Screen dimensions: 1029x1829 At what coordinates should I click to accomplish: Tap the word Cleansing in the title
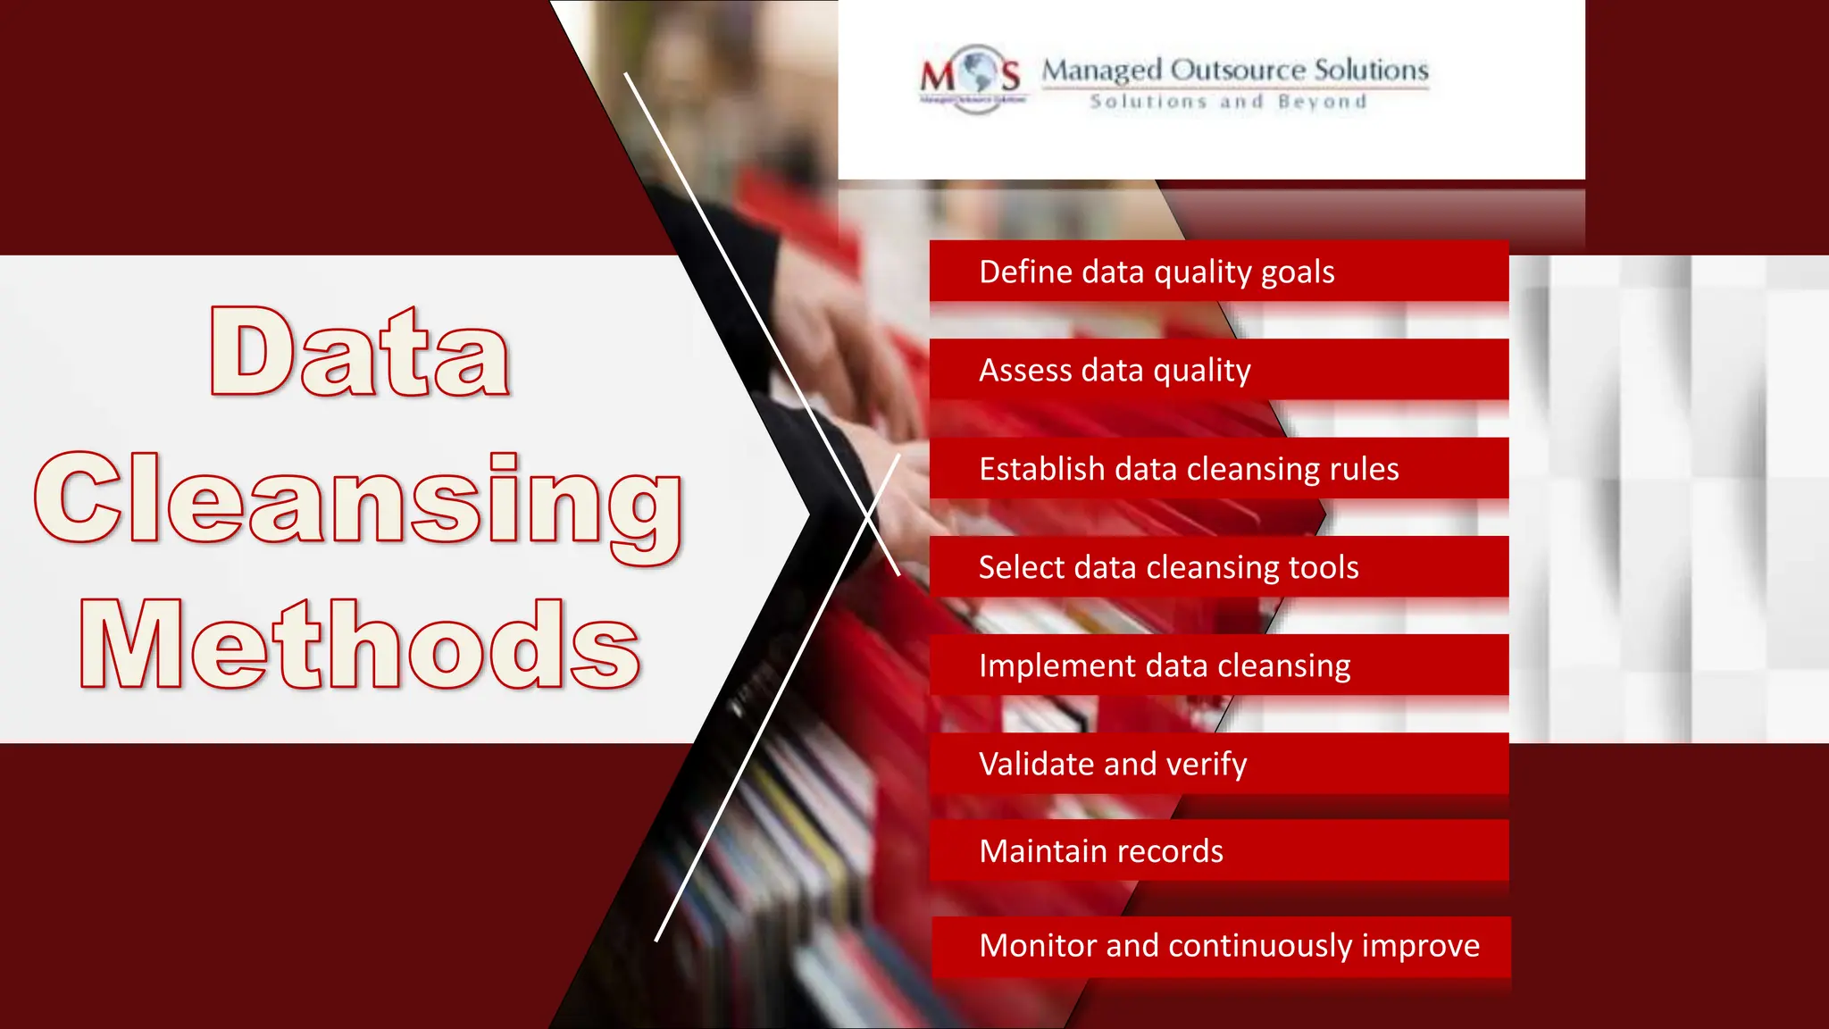click(x=358, y=500)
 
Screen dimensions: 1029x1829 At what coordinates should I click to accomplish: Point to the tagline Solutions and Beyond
click(x=1228, y=102)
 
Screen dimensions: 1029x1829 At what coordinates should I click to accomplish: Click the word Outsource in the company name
click(x=1238, y=70)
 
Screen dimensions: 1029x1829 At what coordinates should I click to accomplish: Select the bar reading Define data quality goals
click(x=1218, y=272)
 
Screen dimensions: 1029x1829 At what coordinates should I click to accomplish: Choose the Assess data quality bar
click(x=1218, y=370)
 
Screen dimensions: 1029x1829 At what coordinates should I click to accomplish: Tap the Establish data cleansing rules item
click(x=1218, y=469)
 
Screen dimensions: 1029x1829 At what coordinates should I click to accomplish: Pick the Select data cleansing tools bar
click(x=1218, y=567)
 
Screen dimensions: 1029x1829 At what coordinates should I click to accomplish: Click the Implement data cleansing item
click(x=1218, y=665)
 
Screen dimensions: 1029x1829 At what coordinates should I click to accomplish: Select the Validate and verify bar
click(x=1218, y=764)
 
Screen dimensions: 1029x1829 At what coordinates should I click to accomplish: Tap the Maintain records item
click(x=1218, y=850)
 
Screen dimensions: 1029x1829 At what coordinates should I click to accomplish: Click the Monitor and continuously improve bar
click(x=1220, y=946)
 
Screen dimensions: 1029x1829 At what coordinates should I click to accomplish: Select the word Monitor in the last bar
click(x=1037, y=945)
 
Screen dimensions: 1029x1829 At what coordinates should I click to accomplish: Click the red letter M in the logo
click(x=938, y=75)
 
